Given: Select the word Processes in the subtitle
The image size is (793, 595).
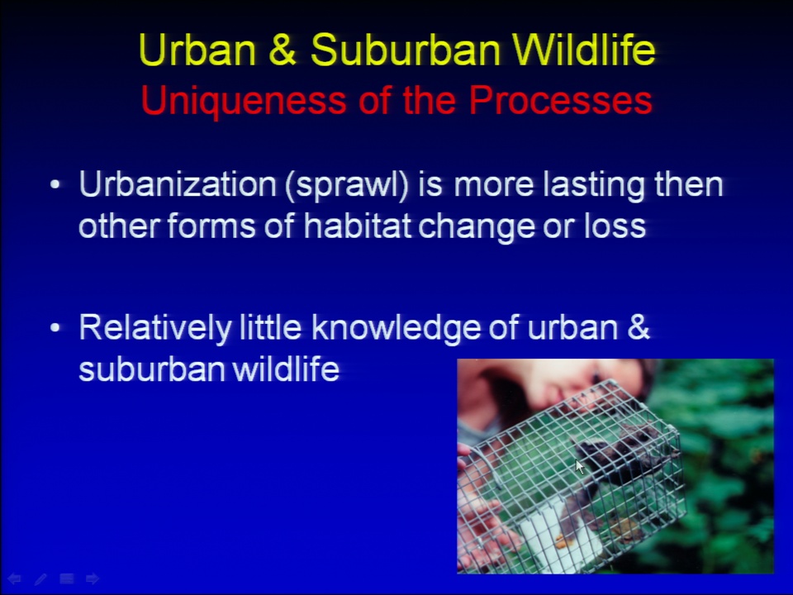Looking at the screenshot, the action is tap(560, 100).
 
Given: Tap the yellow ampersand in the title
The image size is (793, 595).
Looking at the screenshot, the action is tap(283, 49).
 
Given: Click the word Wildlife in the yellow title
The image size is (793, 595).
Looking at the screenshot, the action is tap(584, 49).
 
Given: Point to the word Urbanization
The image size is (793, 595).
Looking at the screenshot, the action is tap(178, 183).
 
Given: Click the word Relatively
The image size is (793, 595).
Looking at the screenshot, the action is tap(155, 328).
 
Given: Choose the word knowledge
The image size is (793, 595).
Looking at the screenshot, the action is tap(396, 328).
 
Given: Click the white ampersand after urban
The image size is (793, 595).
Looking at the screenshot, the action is tap(639, 326).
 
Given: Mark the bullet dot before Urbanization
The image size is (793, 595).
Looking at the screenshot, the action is tap(55, 184).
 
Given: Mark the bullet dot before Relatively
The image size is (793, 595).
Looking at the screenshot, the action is tap(55, 328).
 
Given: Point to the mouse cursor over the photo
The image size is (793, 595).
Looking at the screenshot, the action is tap(580, 466).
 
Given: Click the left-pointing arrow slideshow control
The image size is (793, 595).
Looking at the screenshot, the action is tap(14, 578).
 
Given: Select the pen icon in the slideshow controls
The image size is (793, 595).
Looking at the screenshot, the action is tap(40, 578).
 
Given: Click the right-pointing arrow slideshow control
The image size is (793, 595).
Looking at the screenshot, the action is tap(93, 578).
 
